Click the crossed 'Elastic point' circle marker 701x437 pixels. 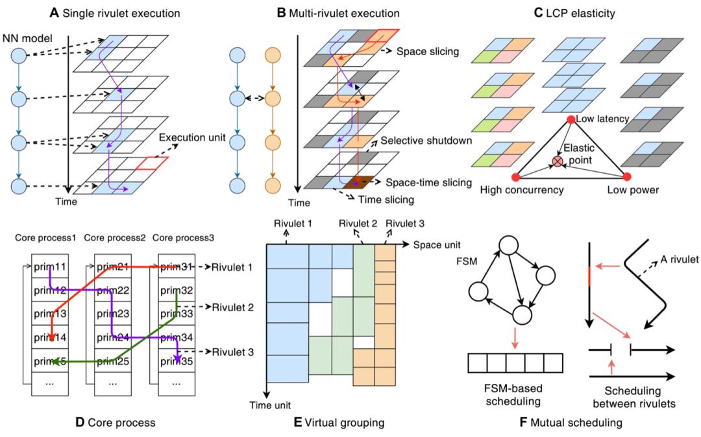556,159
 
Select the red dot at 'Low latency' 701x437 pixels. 570,119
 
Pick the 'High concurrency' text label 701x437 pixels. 521,191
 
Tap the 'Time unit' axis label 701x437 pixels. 265,404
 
